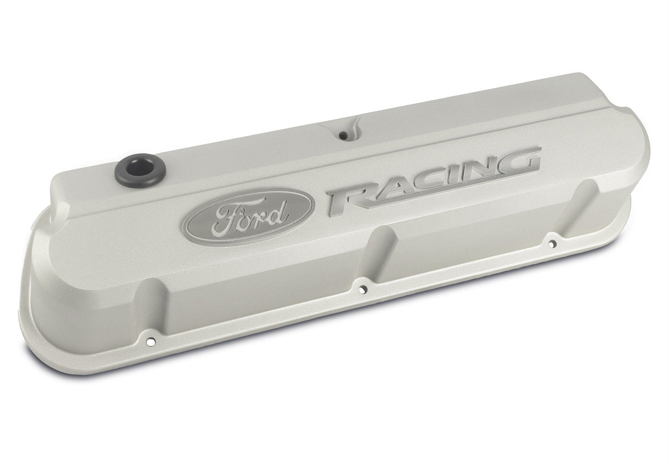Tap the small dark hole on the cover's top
click(x=343, y=134)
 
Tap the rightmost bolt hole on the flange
click(x=552, y=242)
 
